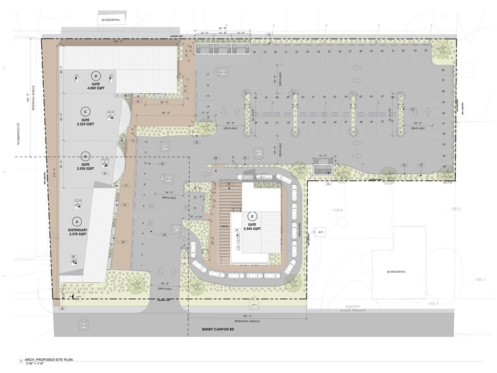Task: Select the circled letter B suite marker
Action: pyautogui.click(x=84, y=156)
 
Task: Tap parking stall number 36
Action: pyautogui.click(x=442, y=70)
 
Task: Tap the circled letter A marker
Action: pyautogui.click(x=77, y=221)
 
